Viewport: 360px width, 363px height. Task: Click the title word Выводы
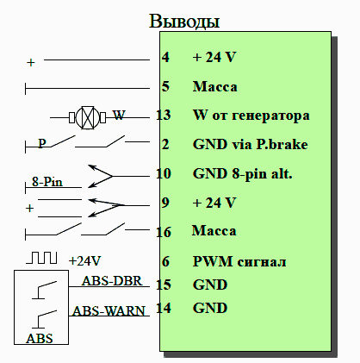pyautogui.click(x=184, y=22)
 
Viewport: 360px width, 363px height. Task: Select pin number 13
pyautogui.click(x=164, y=115)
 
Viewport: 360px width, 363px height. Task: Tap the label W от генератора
pyautogui.click(x=251, y=116)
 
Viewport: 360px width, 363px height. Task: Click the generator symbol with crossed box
pyautogui.click(x=88, y=117)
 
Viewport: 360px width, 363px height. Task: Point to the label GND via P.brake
pyautogui.click(x=251, y=144)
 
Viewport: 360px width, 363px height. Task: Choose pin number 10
pyautogui.click(x=164, y=173)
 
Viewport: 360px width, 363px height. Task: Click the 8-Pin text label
pyautogui.click(x=47, y=182)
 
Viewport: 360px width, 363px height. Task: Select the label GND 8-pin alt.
pyautogui.click(x=243, y=174)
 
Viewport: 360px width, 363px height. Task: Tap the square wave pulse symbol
pyautogui.click(x=42, y=258)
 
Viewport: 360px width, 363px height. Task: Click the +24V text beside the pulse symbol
pyautogui.click(x=84, y=261)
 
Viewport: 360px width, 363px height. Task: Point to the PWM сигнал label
pyautogui.click(x=239, y=261)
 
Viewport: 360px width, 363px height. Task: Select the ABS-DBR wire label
pyautogui.click(x=112, y=281)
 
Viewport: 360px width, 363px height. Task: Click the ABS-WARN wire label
pyautogui.click(x=109, y=311)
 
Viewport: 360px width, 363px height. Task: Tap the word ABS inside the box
pyautogui.click(x=40, y=338)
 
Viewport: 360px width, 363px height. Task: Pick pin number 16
pyautogui.click(x=164, y=232)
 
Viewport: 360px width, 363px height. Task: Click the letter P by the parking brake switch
pyautogui.click(x=42, y=143)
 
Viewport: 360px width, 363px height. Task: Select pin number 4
pyautogui.click(x=165, y=57)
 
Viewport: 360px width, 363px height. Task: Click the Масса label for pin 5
pyautogui.click(x=215, y=86)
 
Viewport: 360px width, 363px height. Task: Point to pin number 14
pyautogui.click(x=164, y=308)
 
